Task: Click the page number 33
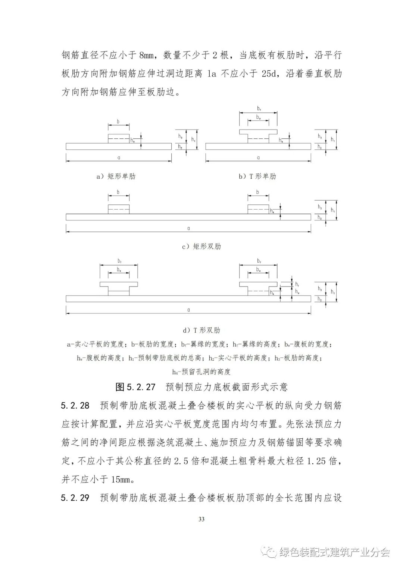(201, 519)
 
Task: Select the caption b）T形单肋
(257, 176)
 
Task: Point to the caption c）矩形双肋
(201, 247)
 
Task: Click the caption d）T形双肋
(201, 330)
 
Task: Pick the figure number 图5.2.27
(135, 387)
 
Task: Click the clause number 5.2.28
(75, 405)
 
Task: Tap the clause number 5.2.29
(75, 498)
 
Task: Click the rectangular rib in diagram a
(119, 139)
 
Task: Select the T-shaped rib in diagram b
(258, 136)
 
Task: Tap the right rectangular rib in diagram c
(258, 209)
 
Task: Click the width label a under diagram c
(189, 228)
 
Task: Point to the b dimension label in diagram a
(118, 122)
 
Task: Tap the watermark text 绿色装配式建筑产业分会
(334, 552)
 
